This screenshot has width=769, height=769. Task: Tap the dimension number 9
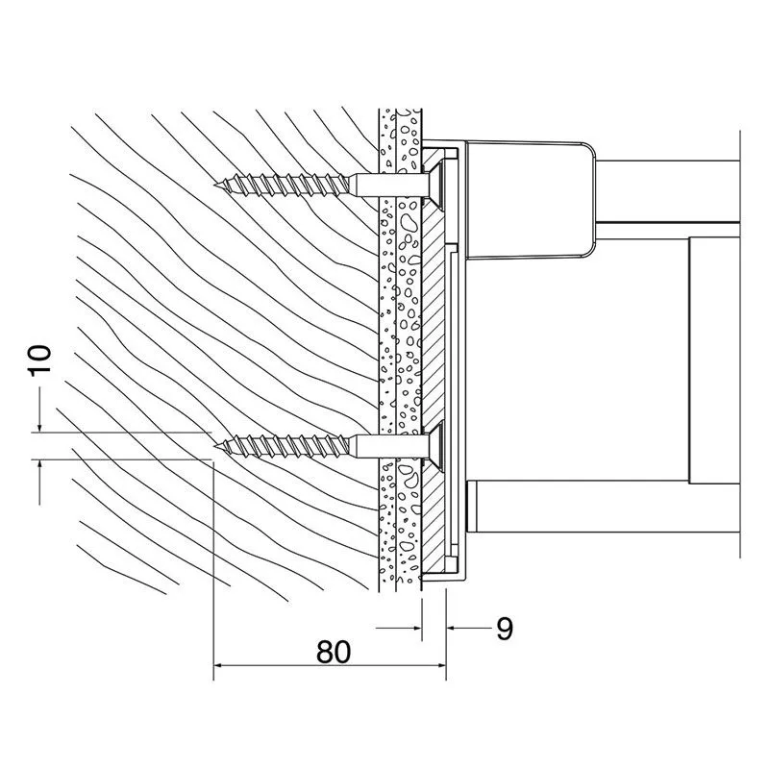tap(504, 630)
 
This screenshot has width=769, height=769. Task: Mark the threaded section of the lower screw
tap(288, 445)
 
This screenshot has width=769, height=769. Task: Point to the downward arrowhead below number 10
tap(40, 427)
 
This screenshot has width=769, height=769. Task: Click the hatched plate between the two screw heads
tap(438, 317)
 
